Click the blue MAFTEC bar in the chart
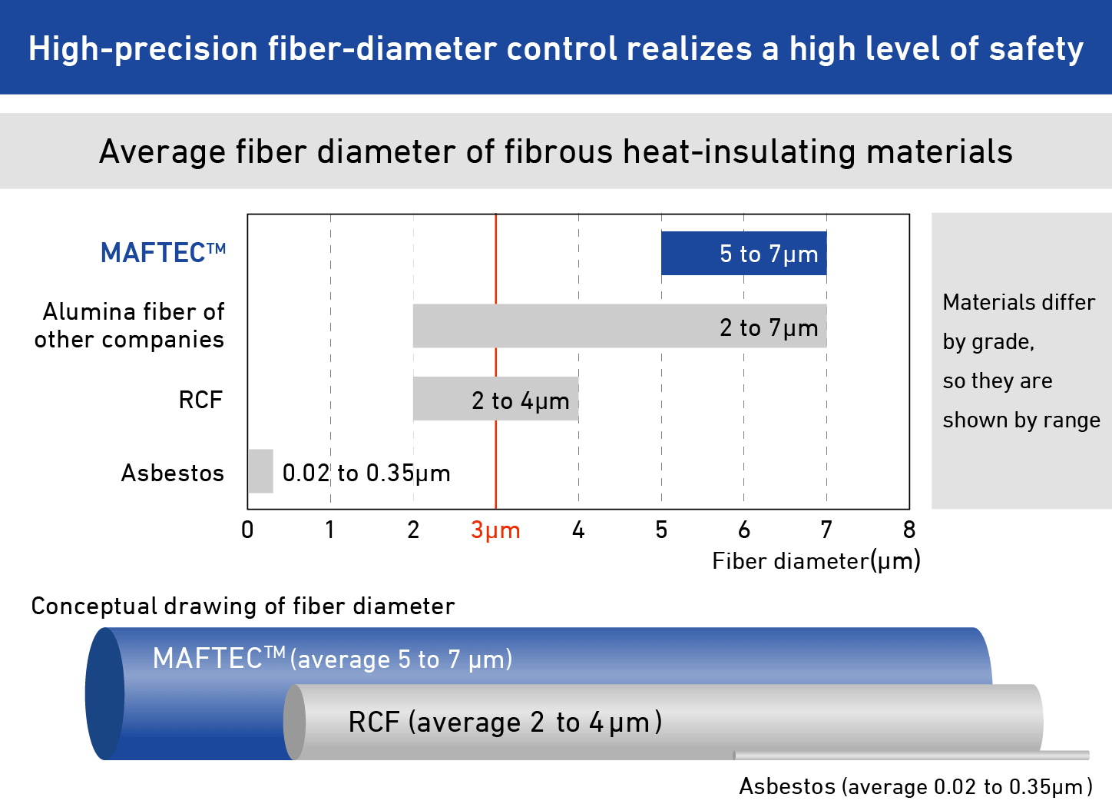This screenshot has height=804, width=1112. pos(743,253)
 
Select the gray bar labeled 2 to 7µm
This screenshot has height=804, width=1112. pos(619,326)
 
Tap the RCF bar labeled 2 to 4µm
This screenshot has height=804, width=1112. pos(495,398)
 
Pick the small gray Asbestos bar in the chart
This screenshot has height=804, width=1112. pos(260,471)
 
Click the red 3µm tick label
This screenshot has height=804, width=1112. pos(495,530)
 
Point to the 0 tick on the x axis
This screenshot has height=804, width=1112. pos(247,530)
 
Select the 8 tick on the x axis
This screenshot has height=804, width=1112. pos(909,530)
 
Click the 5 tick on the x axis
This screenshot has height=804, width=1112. pos(661,530)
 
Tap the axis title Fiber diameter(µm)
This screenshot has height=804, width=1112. pos(816,561)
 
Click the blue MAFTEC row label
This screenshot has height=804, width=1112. pos(163,253)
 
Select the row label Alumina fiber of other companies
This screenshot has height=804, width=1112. pos(131,325)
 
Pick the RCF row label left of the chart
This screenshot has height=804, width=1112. pos(200,400)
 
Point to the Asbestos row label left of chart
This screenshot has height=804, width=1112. pos(173,473)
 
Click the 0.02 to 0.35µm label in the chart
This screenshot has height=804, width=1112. pos(366,473)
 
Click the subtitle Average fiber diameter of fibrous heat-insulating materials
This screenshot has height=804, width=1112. pos(555,151)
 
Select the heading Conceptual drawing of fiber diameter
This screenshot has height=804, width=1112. pos(243,606)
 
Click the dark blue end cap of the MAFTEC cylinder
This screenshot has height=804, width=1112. pos(104,693)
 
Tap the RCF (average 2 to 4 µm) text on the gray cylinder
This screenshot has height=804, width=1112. pos(505,723)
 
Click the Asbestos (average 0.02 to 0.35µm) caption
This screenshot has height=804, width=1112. pos(915,787)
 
